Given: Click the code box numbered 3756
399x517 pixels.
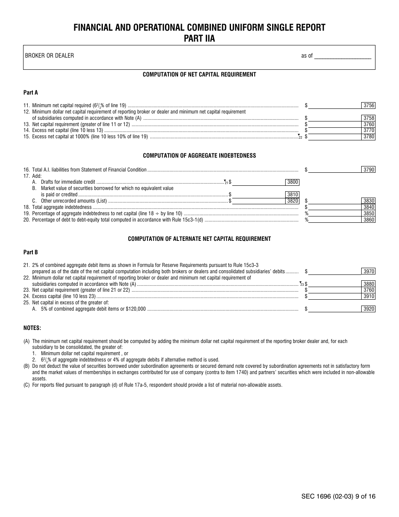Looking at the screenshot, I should (x=368, y=106).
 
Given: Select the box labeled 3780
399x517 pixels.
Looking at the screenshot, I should (x=368, y=137).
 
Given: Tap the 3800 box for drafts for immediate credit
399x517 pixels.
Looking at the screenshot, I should (x=292, y=182).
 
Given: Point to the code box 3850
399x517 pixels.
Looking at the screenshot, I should (x=368, y=214).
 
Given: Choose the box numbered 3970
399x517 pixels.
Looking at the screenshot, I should (x=368, y=272).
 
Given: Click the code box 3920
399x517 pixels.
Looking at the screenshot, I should (x=368, y=309).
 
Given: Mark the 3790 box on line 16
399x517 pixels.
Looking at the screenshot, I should (x=368, y=170).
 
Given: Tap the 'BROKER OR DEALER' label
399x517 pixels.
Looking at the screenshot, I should (x=49, y=55).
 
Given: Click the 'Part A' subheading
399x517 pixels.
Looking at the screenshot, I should (x=31, y=92).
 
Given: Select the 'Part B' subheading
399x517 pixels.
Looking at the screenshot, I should (x=31, y=252).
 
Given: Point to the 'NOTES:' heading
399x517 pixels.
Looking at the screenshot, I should (x=32, y=328).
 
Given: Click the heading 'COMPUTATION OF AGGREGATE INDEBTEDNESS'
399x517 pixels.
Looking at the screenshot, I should (x=199, y=156).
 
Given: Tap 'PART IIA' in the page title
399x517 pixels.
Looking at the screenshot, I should (x=199, y=38).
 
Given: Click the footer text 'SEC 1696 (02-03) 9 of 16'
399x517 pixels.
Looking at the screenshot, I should (x=338, y=496).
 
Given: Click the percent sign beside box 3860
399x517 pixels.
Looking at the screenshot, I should (x=307, y=220).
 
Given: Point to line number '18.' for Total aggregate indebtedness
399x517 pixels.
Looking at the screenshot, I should (x=26, y=207).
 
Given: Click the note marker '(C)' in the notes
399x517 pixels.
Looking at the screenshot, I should (x=26, y=385).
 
